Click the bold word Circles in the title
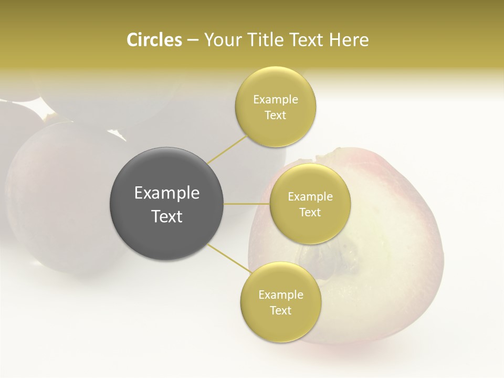(x=154, y=40)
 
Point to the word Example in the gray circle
(x=167, y=193)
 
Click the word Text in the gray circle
(x=167, y=216)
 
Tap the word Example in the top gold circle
(x=276, y=100)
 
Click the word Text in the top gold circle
(x=276, y=115)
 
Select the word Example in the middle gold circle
(x=310, y=197)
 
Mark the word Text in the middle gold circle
(x=310, y=213)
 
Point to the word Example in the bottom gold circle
(x=281, y=295)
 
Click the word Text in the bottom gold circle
(x=281, y=311)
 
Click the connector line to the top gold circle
(x=227, y=149)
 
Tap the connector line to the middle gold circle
(x=247, y=203)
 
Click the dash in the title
(x=193, y=40)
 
